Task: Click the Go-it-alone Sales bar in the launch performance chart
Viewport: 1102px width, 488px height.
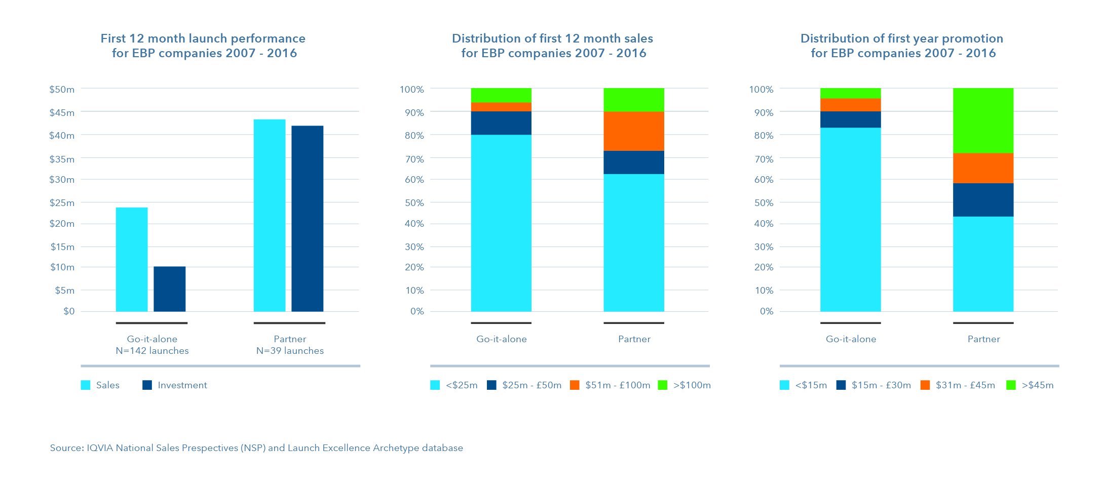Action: click(132, 259)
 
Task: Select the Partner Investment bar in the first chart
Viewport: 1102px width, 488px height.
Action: click(307, 218)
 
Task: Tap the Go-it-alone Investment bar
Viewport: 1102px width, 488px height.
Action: click(169, 289)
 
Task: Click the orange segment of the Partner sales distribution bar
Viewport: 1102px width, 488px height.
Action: click(633, 131)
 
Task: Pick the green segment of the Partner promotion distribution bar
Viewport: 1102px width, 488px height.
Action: click(983, 120)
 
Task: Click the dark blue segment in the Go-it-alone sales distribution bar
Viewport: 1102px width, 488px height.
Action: click(501, 123)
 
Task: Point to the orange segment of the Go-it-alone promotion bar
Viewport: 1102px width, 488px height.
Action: click(850, 105)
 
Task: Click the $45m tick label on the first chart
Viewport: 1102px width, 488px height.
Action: click(62, 112)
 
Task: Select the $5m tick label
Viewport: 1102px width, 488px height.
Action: click(64, 290)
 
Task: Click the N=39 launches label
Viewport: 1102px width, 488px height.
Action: click(290, 351)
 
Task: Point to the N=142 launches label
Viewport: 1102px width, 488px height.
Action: click(152, 351)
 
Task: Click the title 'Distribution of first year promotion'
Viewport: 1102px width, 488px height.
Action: click(901, 38)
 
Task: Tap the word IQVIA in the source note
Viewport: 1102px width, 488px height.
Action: click(100, 448)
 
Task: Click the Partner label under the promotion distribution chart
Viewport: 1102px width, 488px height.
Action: click(983, 339)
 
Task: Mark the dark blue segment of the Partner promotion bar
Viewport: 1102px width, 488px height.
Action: click(983, 200)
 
